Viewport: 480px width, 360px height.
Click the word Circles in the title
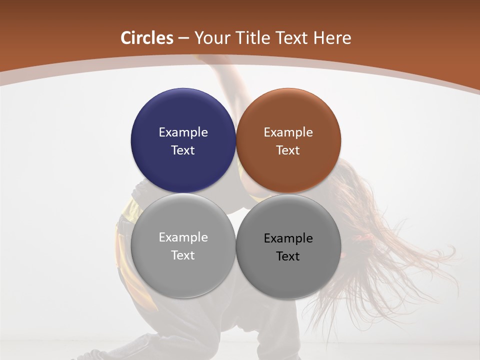(147, 38)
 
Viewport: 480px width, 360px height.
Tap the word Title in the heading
(252, 38)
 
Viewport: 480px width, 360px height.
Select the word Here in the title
(332, 38)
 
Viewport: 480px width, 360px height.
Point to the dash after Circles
(183, 38)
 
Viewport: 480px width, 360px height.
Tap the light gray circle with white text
(183, 272)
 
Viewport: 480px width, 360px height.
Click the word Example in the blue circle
(183, 132)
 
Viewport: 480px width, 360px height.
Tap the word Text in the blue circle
(183, 150)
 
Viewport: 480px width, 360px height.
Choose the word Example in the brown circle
(288, 132)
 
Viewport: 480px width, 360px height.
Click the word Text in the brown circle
(288, 150)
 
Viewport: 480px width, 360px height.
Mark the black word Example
(288, 238)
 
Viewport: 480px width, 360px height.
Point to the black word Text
(288, 256)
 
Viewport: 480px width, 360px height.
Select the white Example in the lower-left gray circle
(183, 237)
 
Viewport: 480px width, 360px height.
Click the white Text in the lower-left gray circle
(183, 255)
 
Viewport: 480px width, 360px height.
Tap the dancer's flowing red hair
(400, 250)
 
